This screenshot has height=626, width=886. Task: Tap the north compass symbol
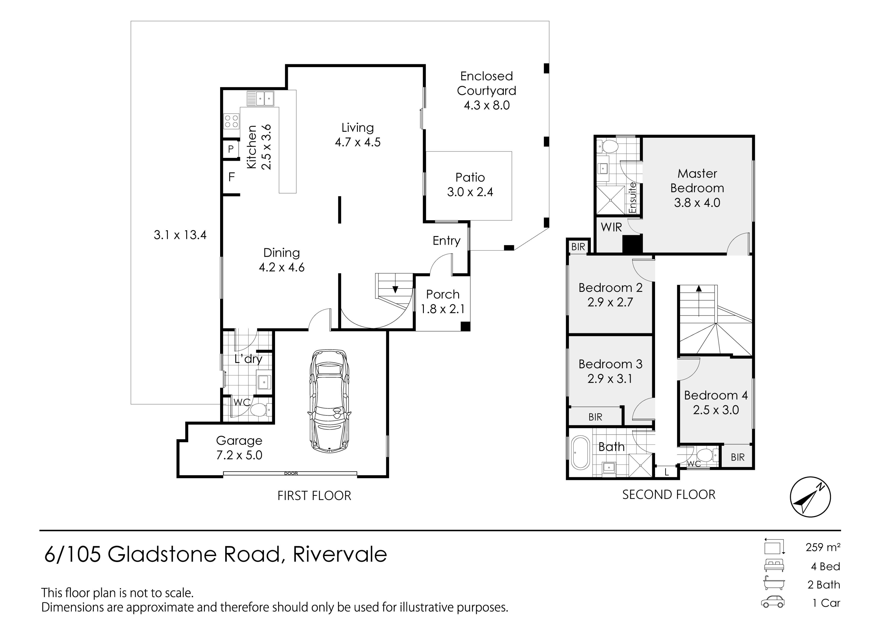810,497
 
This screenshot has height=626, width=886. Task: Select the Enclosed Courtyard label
486,83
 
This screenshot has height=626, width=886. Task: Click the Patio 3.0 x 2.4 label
470,185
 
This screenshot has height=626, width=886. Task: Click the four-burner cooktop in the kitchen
231,121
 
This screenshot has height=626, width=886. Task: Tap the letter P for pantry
231,149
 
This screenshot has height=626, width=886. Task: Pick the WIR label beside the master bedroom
611,227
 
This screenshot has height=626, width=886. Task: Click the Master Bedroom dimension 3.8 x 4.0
697,203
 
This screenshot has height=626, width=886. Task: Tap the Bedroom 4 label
716,395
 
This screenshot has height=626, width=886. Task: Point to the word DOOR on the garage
291,473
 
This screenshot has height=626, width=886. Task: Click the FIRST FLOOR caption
314,496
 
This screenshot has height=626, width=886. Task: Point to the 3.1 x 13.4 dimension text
180,235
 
